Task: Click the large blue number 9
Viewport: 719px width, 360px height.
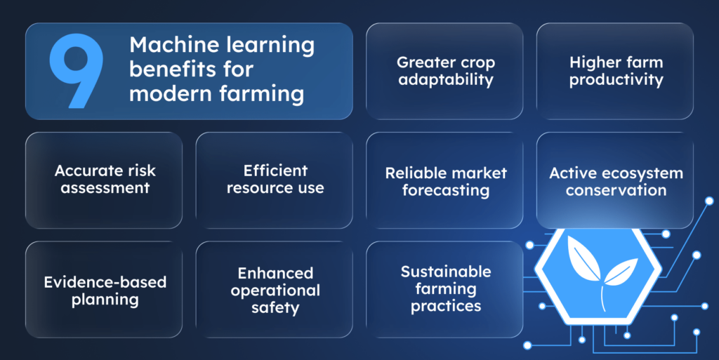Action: pyautogui.click(x=76, y=72)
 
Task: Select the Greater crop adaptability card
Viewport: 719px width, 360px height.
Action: pyautogui.click(x=444, y=70)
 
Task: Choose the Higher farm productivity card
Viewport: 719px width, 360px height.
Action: pyautogui.click(x=615, y=70)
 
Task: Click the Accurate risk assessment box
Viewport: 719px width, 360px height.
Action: pyautogui.click(x=104, y=180)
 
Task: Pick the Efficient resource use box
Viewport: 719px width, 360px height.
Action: pyautogui.click(x=275, y=180)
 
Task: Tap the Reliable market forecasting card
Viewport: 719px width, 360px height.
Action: pyautogui.click(x=444, y=180)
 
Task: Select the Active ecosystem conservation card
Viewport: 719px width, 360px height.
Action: pyautogui.click(x=615, y=180)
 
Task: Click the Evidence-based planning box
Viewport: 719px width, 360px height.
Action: pyautogui.click(x=104, y=291)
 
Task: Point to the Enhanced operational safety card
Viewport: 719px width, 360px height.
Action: pyautogui.click(x=275, y=290)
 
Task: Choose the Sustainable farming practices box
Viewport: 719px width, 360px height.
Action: pyautogui.click(x=444, y=288)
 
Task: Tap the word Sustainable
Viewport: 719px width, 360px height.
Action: pyautogui.click(x=446, y=272)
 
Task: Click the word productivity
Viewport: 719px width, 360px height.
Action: pyautogui.click(x=616, y=79)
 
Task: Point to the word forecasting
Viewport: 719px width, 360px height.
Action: pyautogui.click(x=446, y=190)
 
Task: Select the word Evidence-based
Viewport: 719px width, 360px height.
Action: pyautogui.click(x=105, y=282)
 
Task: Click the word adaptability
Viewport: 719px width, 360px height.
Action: pyautogui.click(x=446, y=79)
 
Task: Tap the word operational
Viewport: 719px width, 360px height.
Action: pyautogui.click(x=275, y=290)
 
